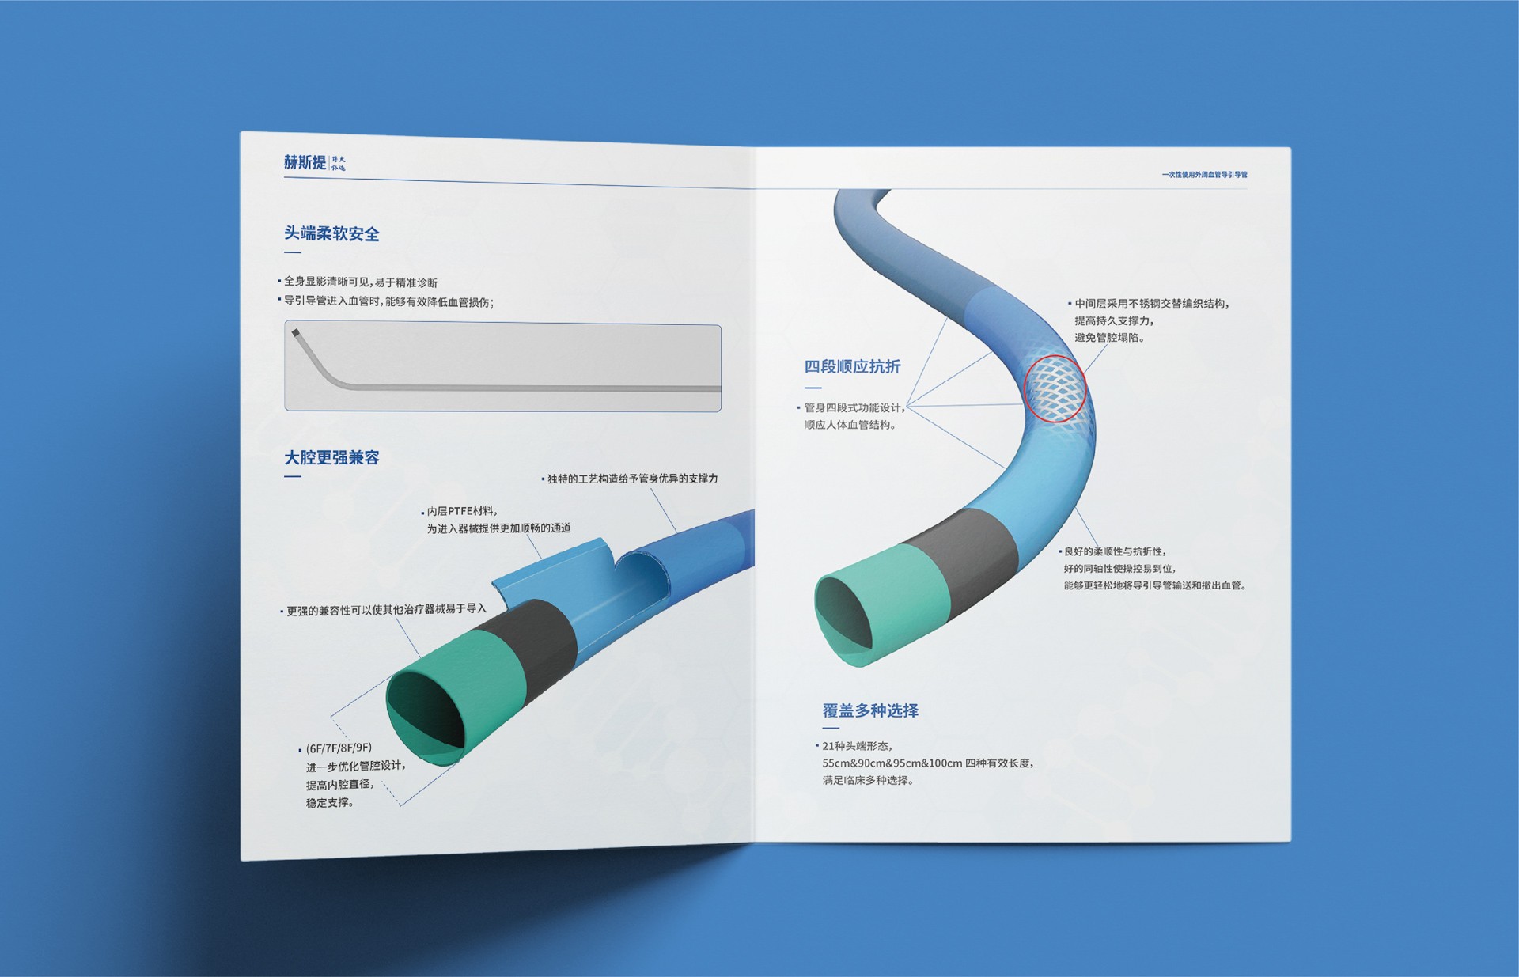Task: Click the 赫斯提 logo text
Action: [x=305, y=162]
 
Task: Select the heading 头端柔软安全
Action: [x=331, y=233]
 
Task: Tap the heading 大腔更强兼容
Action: [x=331, y=457]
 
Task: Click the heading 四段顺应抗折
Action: [x=852, y=366]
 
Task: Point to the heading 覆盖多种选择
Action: [x=870, y=710]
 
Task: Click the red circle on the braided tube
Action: [x=1055, y=388]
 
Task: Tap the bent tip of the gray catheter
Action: [x=297, y=335]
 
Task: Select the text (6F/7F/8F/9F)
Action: [x=339, y=748]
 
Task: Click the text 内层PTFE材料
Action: [x=462, y=511]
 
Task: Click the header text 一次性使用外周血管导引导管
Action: [x=1204, y=175]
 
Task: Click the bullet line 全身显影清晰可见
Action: [x=360, y=282]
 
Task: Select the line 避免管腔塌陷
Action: [x=1109, y=338]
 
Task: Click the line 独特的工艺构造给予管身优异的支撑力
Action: [x=632, y=479]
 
